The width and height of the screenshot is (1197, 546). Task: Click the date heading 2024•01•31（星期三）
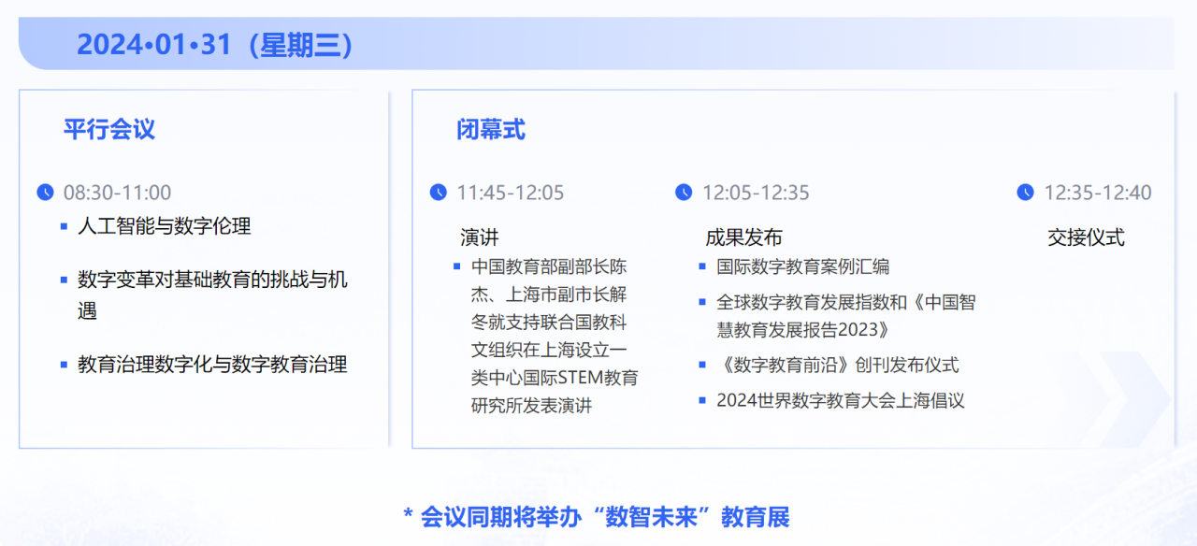(x=215, y=45)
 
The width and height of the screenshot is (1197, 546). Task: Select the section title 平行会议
(x=109, y=129)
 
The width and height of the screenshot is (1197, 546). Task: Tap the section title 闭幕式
(x=491, y=129)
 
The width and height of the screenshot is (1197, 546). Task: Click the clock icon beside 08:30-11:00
(x=45, y=192)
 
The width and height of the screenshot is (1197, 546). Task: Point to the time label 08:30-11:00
(x=117, y=193)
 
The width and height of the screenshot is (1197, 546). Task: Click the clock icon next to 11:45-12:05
(x=439, y=192)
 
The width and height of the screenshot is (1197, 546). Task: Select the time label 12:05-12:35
(x=756, y=193)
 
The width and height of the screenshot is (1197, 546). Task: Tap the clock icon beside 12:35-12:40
(x=1026, y=192)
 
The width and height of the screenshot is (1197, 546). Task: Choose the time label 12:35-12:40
(x=1098, y=193)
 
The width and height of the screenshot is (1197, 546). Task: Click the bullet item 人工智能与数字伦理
(x=165, y=226)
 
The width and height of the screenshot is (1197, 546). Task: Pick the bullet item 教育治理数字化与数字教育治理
(x=212, y=364)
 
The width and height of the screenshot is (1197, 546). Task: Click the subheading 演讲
(x=480, y=237)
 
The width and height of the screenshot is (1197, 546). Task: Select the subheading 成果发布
(x=743, y=237)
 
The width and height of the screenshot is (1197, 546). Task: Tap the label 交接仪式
(x=1086, y=237)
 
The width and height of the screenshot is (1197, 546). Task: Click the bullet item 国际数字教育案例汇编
(x=802, y=266)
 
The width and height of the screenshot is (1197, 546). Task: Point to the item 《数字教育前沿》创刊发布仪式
(x=837, y=365)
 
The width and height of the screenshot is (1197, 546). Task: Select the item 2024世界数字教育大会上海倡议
(x=840, y=400)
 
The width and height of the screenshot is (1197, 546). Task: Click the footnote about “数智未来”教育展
(x=597, y=516)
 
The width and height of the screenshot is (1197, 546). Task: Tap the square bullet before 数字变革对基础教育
(x=64, y=280)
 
